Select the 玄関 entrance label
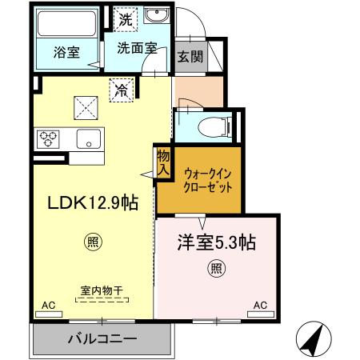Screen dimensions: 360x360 tap(190, 57)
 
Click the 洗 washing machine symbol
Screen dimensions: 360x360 tap(125, 20)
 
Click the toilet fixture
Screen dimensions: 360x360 tap(213, 125)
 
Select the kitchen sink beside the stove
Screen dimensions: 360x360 tap(87, 138)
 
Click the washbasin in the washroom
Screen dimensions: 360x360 tap(157, 18)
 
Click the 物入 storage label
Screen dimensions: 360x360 tap(163, 162)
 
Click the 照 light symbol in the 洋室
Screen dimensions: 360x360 tap(215, 269)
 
